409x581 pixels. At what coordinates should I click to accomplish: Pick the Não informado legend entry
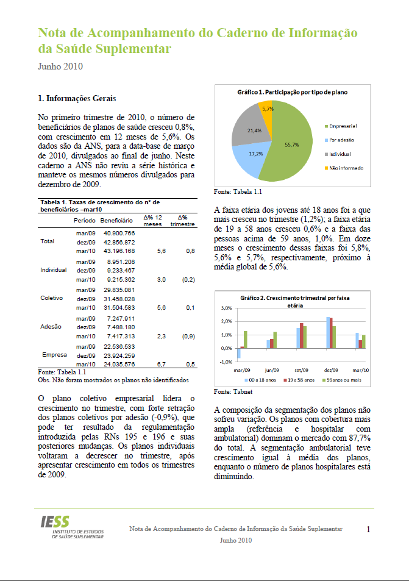pos(346,168)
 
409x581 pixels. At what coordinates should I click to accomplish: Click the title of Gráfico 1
pos(292,92)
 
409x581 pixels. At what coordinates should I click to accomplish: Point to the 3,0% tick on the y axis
pos(226,308)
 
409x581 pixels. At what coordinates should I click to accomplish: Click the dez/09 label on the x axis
pos(332,370)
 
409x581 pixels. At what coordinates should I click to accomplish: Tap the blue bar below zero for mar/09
pos(240,352)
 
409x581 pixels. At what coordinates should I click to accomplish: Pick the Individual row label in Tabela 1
pos(54,269)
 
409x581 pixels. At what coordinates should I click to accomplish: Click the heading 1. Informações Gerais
pos(77,98)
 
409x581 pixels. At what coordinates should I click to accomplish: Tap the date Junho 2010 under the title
pos(60,66)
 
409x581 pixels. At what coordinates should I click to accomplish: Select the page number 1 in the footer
pos(369,529)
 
